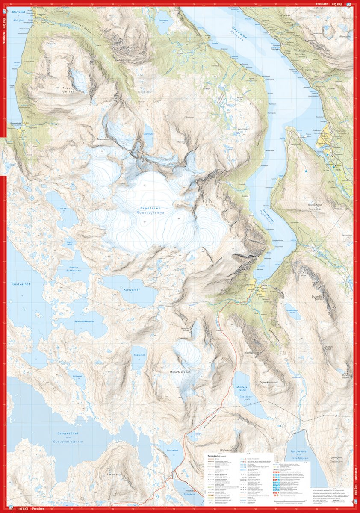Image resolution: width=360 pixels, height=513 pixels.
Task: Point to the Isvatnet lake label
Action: tap(62, 208)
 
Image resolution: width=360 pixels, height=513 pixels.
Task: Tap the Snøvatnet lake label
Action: tap(140, 355)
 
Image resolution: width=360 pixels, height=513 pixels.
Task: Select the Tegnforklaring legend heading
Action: tap(213, 456)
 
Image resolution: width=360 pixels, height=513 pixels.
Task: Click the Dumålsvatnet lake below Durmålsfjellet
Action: tap(292, 310)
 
